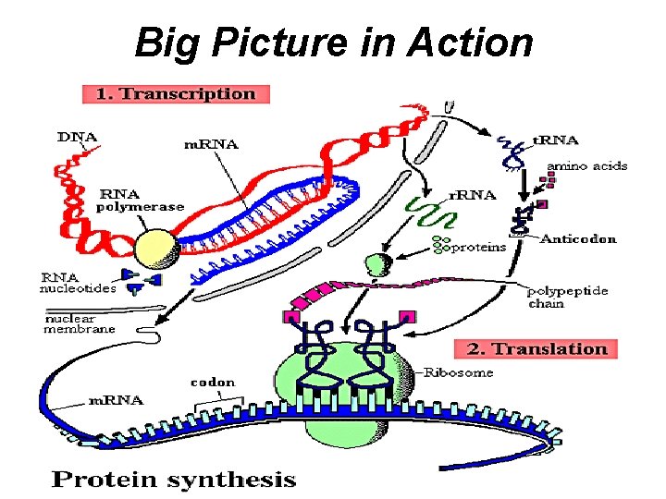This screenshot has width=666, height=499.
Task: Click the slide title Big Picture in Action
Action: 333,43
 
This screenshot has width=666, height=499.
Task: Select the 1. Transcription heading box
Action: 176,93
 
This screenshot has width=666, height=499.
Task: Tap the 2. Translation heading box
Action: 536,348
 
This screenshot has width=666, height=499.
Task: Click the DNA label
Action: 77,138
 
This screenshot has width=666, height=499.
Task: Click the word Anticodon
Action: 578,238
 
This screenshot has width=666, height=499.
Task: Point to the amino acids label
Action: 586,166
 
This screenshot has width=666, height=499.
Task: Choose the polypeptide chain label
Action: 567,297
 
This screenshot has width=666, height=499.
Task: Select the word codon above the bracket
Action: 213,381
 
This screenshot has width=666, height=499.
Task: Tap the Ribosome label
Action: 460,371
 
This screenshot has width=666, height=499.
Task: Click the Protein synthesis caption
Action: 173,479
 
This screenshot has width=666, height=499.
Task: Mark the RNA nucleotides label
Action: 77,282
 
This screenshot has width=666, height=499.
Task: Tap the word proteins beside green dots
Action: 478,247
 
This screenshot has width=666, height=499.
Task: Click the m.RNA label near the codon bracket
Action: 115,399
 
